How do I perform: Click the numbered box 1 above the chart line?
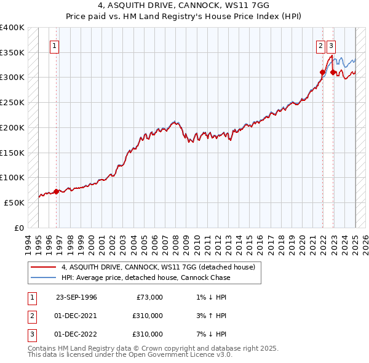click(55, 45)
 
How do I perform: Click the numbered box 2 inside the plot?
click(320, 45)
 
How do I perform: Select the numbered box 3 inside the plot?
click(331, 45)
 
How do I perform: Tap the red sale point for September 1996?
click(56, 191)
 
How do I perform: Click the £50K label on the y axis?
click(14, 202)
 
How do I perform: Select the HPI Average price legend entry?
click(146, 277)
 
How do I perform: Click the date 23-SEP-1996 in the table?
click(76, 297)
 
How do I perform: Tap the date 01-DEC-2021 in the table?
click(76, 316)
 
